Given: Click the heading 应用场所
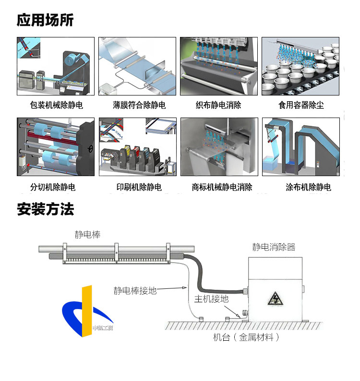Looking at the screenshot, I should coord(45,20).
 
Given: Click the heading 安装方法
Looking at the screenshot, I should coord(45,209).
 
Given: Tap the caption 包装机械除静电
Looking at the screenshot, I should coord(56,105).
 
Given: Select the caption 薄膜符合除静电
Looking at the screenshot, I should coord(139,105).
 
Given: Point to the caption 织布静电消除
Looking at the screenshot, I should coord(218,105).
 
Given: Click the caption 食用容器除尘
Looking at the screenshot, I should coord(301,105).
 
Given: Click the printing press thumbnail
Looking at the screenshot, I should coord(138,147).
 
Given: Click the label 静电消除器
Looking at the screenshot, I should coord(274,247).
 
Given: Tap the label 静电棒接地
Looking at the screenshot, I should coord(135,290).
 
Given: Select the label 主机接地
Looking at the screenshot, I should coord(211,299).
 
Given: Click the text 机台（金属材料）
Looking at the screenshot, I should coord(246,337).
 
